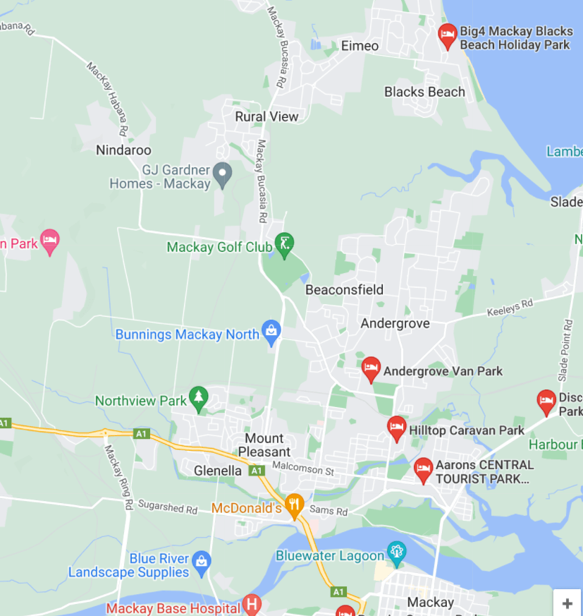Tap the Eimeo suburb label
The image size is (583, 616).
(360, 46)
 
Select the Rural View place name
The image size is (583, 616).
(266, 116)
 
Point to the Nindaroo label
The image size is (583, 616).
(123, 150)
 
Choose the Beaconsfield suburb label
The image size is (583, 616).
(344, 289)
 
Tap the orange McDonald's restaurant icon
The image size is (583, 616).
(295, 505)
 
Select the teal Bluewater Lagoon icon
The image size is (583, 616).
(397, 552)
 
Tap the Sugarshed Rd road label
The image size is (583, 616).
(168, 509)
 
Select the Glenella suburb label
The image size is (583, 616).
(217, 471)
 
